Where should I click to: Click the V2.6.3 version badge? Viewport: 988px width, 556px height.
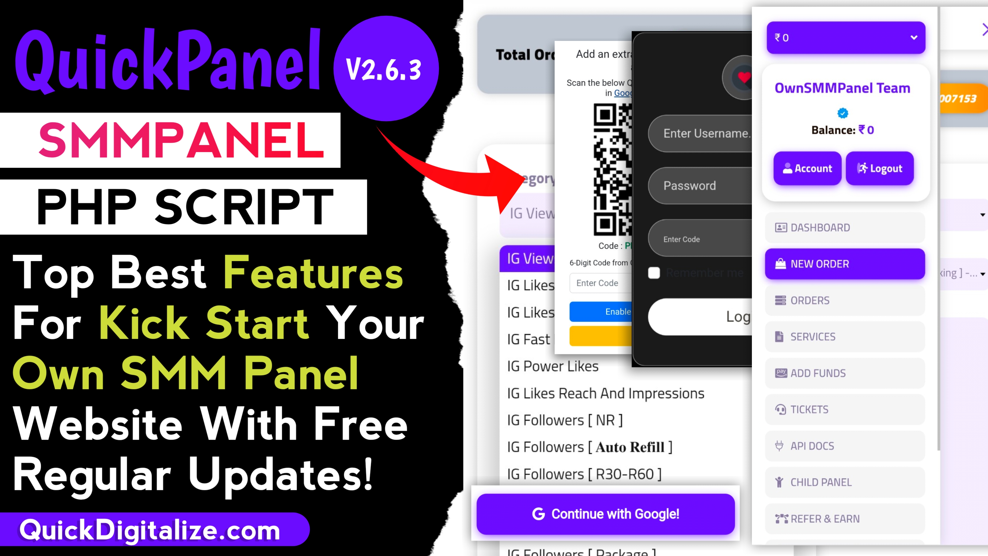coord(385,69)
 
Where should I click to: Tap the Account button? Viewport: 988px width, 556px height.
coord(807,168)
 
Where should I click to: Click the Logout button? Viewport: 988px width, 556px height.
coord(879,168)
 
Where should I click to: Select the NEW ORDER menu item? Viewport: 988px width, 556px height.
coord(845,264)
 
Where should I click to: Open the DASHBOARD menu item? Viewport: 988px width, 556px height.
coord(845,227)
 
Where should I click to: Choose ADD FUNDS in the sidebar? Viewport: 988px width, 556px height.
coord(845,373)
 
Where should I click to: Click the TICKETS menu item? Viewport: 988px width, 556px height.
coord(845,409)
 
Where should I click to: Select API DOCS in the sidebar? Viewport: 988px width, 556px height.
coord(845,446)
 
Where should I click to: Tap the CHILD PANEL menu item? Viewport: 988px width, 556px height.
coord(845,482)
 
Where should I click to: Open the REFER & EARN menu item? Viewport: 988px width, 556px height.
coord(845,519)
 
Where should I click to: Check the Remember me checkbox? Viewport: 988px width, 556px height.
coord(654,273)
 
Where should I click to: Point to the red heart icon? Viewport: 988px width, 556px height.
coord(744,78)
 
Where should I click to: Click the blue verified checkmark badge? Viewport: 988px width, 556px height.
coord(843,113)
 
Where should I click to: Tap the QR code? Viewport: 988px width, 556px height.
coord(613,169)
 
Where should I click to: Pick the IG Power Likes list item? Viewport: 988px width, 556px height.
coord(553,366)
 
